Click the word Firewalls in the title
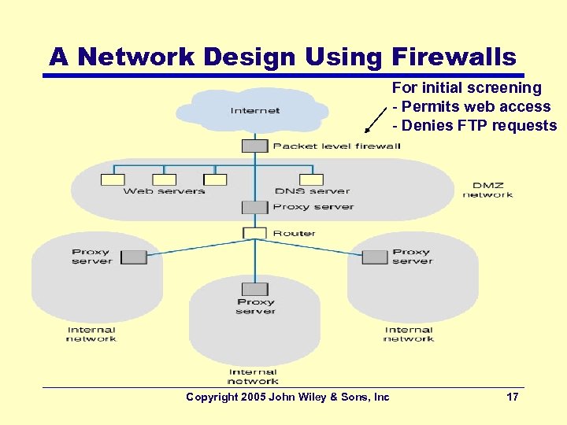[452, 57]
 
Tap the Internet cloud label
[255, 111]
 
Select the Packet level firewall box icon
[254, 146]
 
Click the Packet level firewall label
[336, 146]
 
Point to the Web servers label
[164, 191]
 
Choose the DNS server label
[312, 191]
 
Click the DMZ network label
[487, 190]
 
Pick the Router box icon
[254, 233]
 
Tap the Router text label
[294, 234]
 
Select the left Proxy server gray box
[134, 256]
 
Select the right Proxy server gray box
[374, 256]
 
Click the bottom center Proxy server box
[254, 290]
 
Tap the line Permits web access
[476, 107]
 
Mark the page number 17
[512, 397]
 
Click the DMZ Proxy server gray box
[254, 207]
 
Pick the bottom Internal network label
[253, 376]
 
